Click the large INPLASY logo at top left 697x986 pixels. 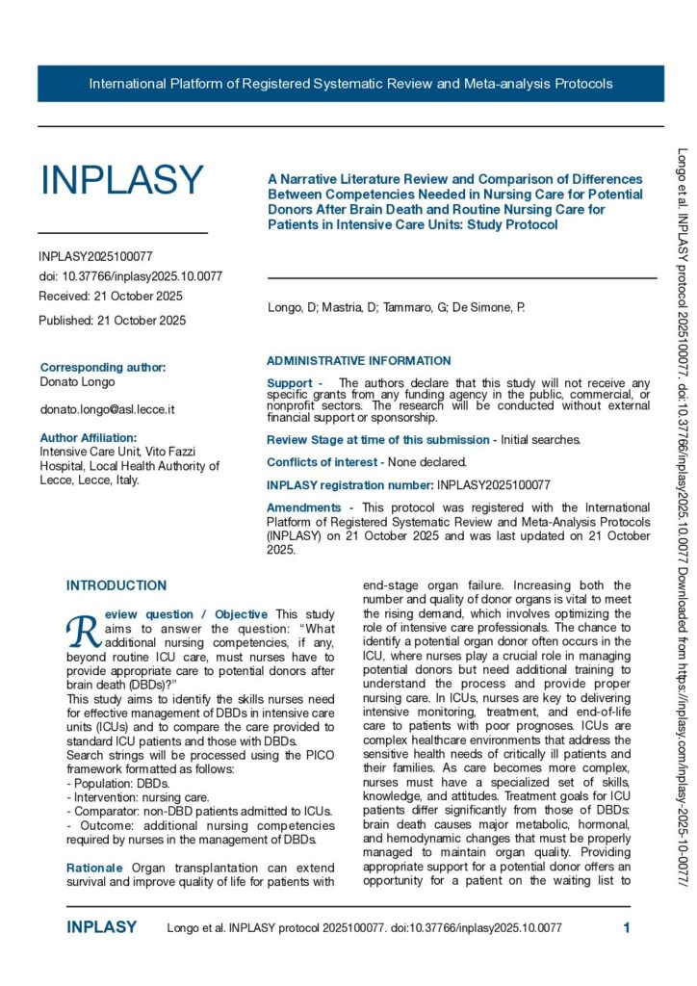pyautogui.click(x=122, y=180)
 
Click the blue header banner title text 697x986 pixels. pyautogui.click(x=350, y=84)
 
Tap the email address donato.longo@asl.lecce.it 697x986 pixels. pyautogui.click(x=107, y=409)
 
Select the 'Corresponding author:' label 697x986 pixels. pyautogui.click(x=103, y=367)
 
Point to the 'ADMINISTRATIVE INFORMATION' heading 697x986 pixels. pyautogui.click(x=358, y=361)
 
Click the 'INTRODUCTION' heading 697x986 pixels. pyautogui.click(x=116, y=585)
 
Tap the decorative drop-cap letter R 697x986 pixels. pyautogui.click(x=79, y=629)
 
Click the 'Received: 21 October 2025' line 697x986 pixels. pyautogui.click(x=111, y=296)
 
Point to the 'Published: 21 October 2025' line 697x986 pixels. pyautogui.click(x=113, y=321)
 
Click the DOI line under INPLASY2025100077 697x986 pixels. pyautogui.click(x=131, y=275)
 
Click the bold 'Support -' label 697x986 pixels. pyautogui.click(x=295, y=383)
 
